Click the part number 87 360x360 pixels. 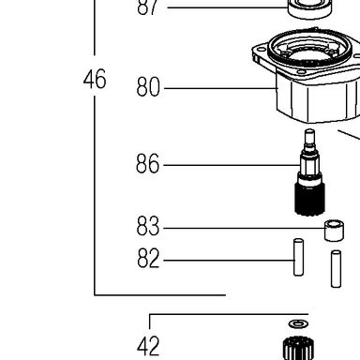pyautogui.click(x=147, y=7)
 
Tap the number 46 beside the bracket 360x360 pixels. pyautogui.click(x=95, y=79)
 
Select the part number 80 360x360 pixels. pyautogui.click(x=148, y=86)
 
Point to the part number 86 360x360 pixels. pyautogui.click(x=148, y=163)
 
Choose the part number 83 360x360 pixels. pyautogui.click(x=148, y=226)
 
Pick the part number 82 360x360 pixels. pyautogui.click(x=148, y=258)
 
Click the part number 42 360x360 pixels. pyautogui.click(x=148, y=346)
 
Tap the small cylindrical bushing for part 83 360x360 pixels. pyautogui.click(x=334, y=231)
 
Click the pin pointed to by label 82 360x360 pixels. pyautogui.click(x=298, y=257)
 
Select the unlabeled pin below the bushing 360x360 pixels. pyautogui.click(x=336, y=269)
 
